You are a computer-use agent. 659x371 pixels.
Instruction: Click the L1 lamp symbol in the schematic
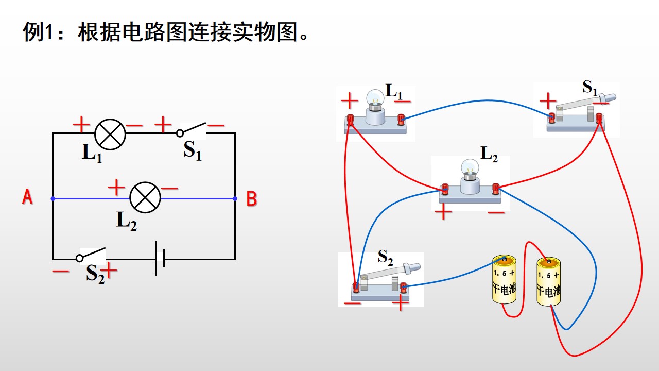click(110, 134)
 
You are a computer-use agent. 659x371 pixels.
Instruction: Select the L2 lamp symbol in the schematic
click(145, 197)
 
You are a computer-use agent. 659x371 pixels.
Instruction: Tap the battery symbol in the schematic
click(160, 259)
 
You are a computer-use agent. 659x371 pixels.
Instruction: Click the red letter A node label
click(27, 197)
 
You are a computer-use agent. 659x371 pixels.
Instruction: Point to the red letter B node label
click(252, 199)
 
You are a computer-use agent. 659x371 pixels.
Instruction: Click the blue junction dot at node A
click(53, 199)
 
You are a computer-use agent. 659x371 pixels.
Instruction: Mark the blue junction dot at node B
click(235, 199)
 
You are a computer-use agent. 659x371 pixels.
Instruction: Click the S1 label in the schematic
click(193, 150)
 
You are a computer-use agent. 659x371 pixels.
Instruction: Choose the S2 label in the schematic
click(95, 274)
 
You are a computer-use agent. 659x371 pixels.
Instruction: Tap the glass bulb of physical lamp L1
click(375, 98)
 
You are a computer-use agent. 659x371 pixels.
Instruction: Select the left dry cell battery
click(504, 279)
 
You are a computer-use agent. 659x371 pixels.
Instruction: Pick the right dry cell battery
click(549, 281)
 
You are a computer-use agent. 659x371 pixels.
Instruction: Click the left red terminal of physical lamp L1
click(350, 120)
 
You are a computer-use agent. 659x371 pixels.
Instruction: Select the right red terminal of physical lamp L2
click(496, 189)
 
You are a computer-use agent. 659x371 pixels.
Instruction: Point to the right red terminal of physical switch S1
click(599, 118)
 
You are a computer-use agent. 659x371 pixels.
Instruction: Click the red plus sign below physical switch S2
click(401, 302)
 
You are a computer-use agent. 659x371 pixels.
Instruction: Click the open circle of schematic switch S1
click(180, 133)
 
